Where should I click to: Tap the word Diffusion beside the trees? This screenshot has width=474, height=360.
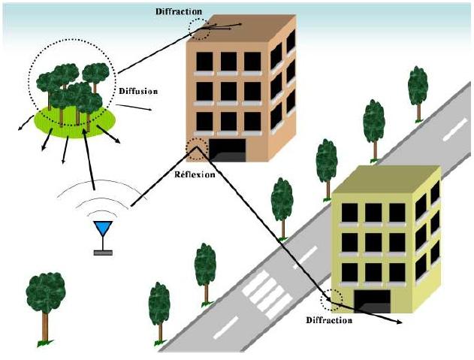[137, 90]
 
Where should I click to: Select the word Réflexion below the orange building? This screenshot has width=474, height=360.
[195, 174]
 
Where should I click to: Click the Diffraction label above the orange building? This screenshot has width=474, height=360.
[179, 11]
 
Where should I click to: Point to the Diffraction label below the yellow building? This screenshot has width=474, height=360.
[329, 320]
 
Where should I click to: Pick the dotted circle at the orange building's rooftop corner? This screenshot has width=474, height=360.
[201, 28]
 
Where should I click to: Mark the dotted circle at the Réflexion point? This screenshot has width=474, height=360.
[197, 149]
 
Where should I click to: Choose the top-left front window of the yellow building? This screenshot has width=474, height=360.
[349, 213]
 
